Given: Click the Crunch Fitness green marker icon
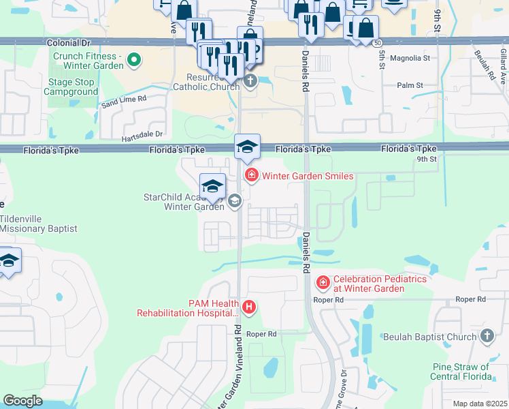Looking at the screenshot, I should [x=134, y=61].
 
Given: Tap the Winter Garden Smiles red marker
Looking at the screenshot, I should [x=252, y=176].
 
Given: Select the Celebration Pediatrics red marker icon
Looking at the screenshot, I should [x=323, y=282].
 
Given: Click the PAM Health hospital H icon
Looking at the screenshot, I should [x=250, y=307].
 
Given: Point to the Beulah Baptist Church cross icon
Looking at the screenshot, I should [x=487, y=336].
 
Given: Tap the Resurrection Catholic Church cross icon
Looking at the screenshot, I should [x=250, y=82].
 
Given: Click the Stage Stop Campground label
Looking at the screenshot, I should [x=73, y=87].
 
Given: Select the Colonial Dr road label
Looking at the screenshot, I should [x=69, y=42].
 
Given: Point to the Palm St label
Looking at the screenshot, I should [x=410, y=86].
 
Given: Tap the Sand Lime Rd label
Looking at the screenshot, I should [x=123, y=100].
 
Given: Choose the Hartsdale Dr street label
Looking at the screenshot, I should [x=142, y=134].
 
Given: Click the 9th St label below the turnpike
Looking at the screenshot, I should [x=426, y=159].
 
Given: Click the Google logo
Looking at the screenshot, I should [x=22, y=401].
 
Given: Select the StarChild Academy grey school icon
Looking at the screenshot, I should [x=235, y=200].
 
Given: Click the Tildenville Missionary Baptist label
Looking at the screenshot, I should [x=38, y=224].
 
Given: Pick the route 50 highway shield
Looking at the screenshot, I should [x=376, y=43].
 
